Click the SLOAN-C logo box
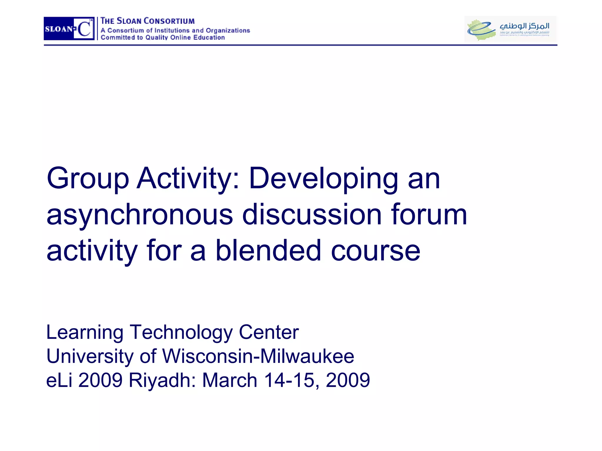69,28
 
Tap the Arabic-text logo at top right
510,29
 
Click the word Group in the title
88,179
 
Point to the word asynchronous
140,215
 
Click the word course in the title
376,251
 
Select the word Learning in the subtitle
85,333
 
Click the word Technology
181,333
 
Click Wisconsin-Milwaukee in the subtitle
258,356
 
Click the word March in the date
230,380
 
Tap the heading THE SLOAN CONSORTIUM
148,21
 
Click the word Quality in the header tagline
157,38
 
